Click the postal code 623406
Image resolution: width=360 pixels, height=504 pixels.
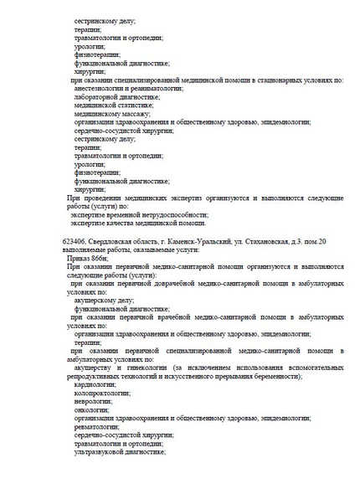[73, 242]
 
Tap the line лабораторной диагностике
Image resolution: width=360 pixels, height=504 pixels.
[116, 97]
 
